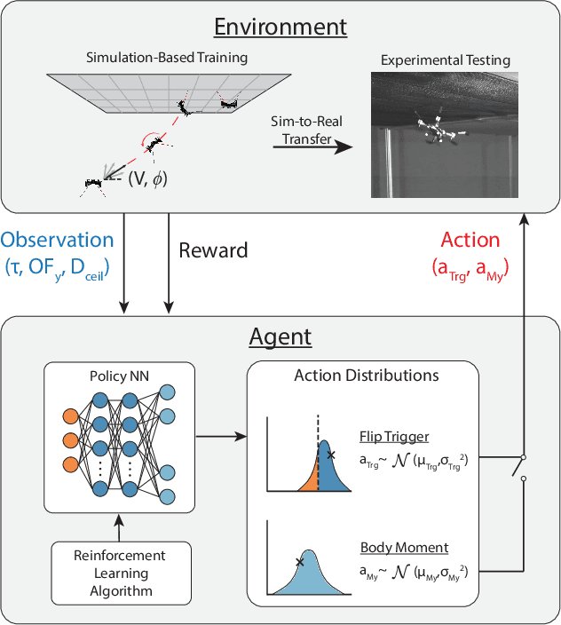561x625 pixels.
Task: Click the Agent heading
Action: tap(280, 337)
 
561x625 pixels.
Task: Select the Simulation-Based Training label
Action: tap(167, 58)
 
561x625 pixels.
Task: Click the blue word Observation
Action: tap(58, 241)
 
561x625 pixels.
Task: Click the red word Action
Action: tap(470, 241)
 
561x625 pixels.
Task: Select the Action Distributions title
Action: tap(366, 375)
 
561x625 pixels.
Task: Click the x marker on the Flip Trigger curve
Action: tap(331, 455)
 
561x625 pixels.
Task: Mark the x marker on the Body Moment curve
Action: tap(300, 561)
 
